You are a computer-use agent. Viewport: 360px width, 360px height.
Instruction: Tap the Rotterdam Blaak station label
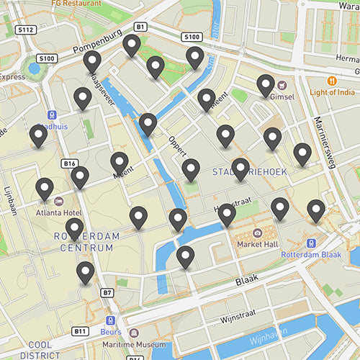(x=310, y=256)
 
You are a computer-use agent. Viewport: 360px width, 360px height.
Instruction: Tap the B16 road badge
(x=69, y=164)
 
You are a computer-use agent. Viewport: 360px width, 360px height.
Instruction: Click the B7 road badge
(x=107, y=293)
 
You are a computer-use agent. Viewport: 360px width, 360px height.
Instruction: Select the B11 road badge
(x=80, y=331)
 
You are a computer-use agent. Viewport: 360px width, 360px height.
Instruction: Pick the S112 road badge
(x=26, y=30)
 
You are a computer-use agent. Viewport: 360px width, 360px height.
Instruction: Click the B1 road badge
(x=140, y=26)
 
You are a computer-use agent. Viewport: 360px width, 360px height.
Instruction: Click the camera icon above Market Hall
(x=258, y=233)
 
